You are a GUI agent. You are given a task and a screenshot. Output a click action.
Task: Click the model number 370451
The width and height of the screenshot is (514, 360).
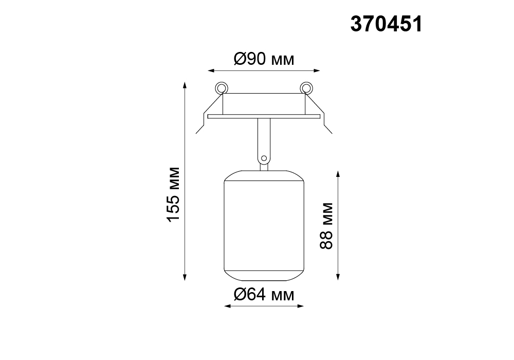pos(387,25)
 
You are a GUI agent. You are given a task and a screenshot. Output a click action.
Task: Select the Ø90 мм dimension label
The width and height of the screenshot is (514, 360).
pos(264,59)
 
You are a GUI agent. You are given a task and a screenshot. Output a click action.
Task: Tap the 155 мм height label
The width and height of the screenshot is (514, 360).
pos(173,195)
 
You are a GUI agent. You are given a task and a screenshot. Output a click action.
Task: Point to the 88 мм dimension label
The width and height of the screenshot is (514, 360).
pos(326,226)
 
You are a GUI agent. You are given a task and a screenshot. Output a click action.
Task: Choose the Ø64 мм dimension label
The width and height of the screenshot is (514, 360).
pos(264,294)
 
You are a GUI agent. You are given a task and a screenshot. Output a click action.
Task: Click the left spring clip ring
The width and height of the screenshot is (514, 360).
pos(222,88)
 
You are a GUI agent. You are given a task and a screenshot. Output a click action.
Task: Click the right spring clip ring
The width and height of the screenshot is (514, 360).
pos(306,88)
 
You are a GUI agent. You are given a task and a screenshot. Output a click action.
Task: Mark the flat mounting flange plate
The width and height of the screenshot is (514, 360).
pos(264,116)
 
